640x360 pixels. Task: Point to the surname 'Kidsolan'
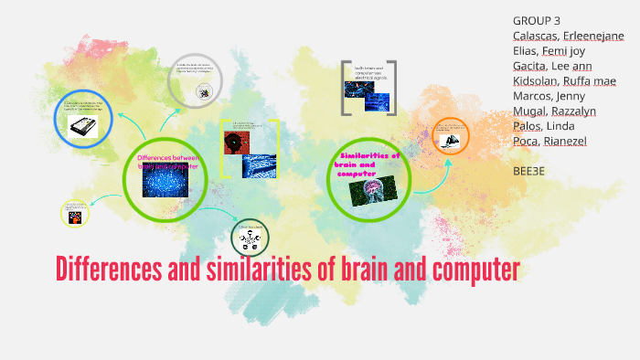pyautogui.click(x=538, y=81)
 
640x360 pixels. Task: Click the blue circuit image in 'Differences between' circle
pyautogui.click(x=165, y=181)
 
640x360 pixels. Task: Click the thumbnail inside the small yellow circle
pyautogui.click(x=75, y=216)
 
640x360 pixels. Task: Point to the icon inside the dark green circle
pyautogui.click(x=249, y=241)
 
